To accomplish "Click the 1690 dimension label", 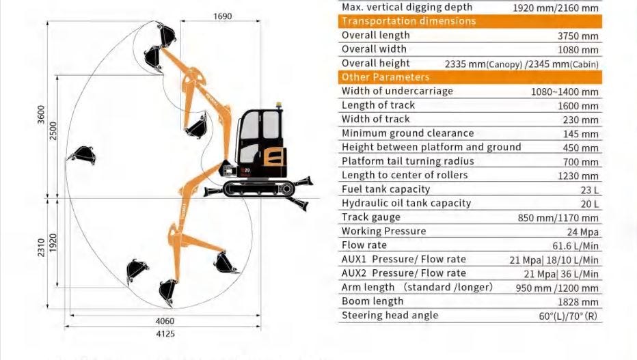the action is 222,16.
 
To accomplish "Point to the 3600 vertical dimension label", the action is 41,115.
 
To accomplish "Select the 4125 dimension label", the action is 165,333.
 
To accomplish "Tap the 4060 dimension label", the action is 165,321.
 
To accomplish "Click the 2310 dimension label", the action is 41,247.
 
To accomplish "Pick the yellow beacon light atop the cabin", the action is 279,105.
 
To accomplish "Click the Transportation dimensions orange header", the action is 470,21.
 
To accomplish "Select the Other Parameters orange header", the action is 470,77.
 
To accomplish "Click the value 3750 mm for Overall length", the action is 578,36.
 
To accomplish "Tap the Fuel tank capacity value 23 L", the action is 589,190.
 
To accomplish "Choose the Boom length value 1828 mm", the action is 578,302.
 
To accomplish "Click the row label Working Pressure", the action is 384,232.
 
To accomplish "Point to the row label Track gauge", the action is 371,217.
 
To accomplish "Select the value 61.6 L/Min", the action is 575,246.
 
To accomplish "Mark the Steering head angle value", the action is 568,316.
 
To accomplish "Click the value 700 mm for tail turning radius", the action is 580,162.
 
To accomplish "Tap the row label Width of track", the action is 376,120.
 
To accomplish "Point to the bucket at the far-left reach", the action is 83,155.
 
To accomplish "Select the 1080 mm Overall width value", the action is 578,51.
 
